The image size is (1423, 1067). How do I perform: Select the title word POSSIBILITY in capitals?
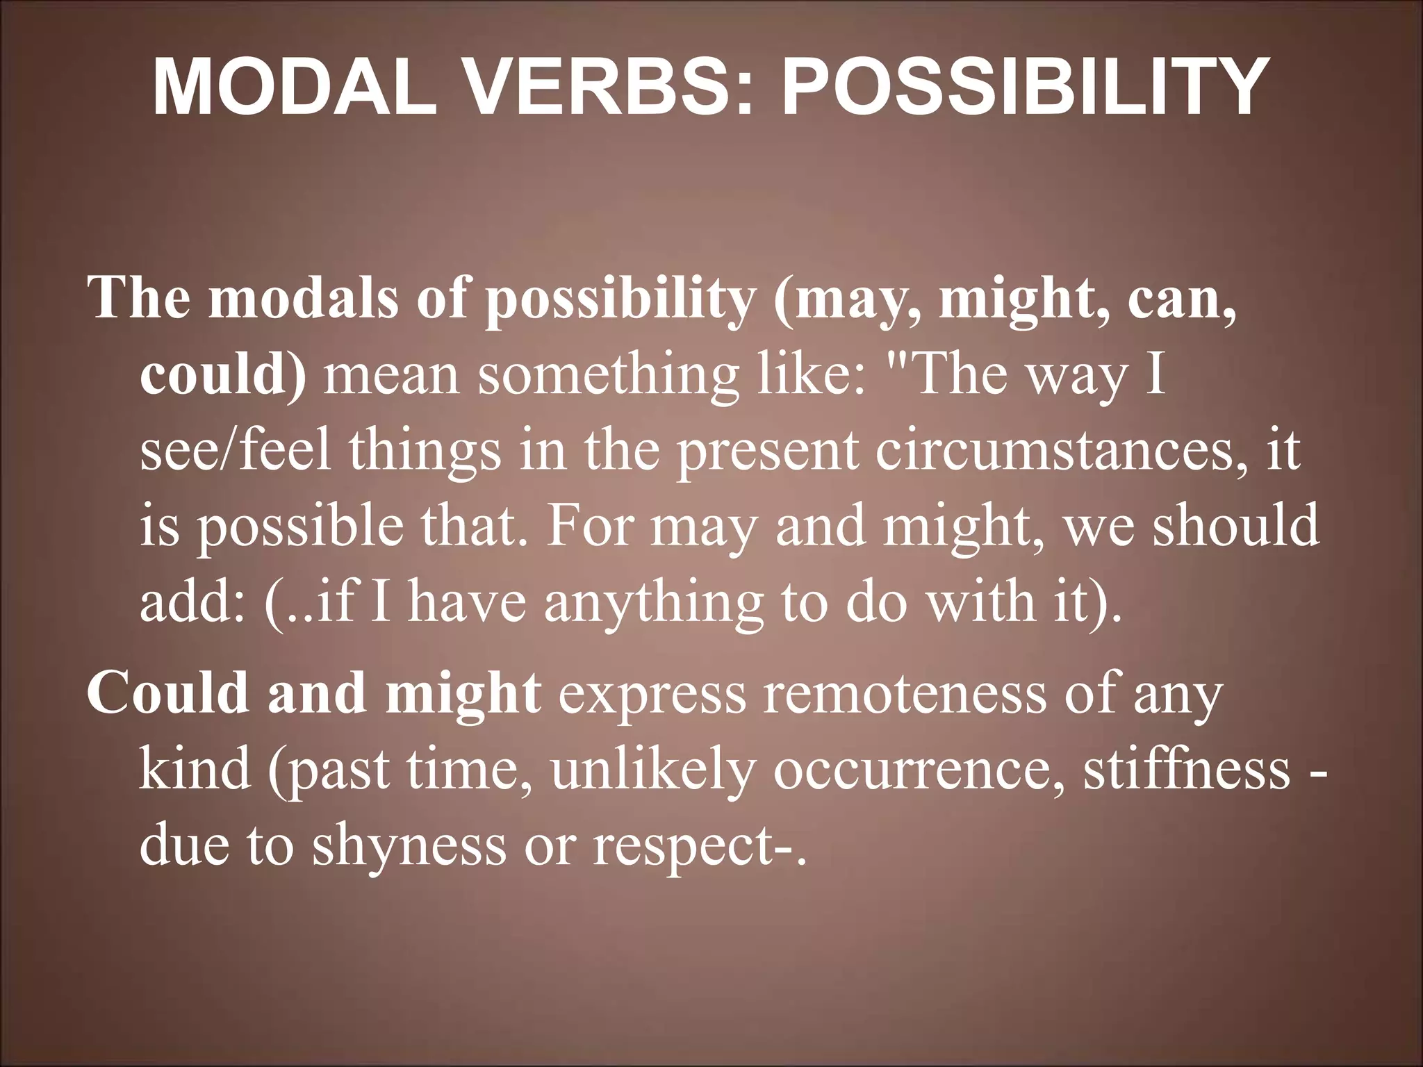tap(1021, 87)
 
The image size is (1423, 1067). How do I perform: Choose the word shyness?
tap(409, 846)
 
